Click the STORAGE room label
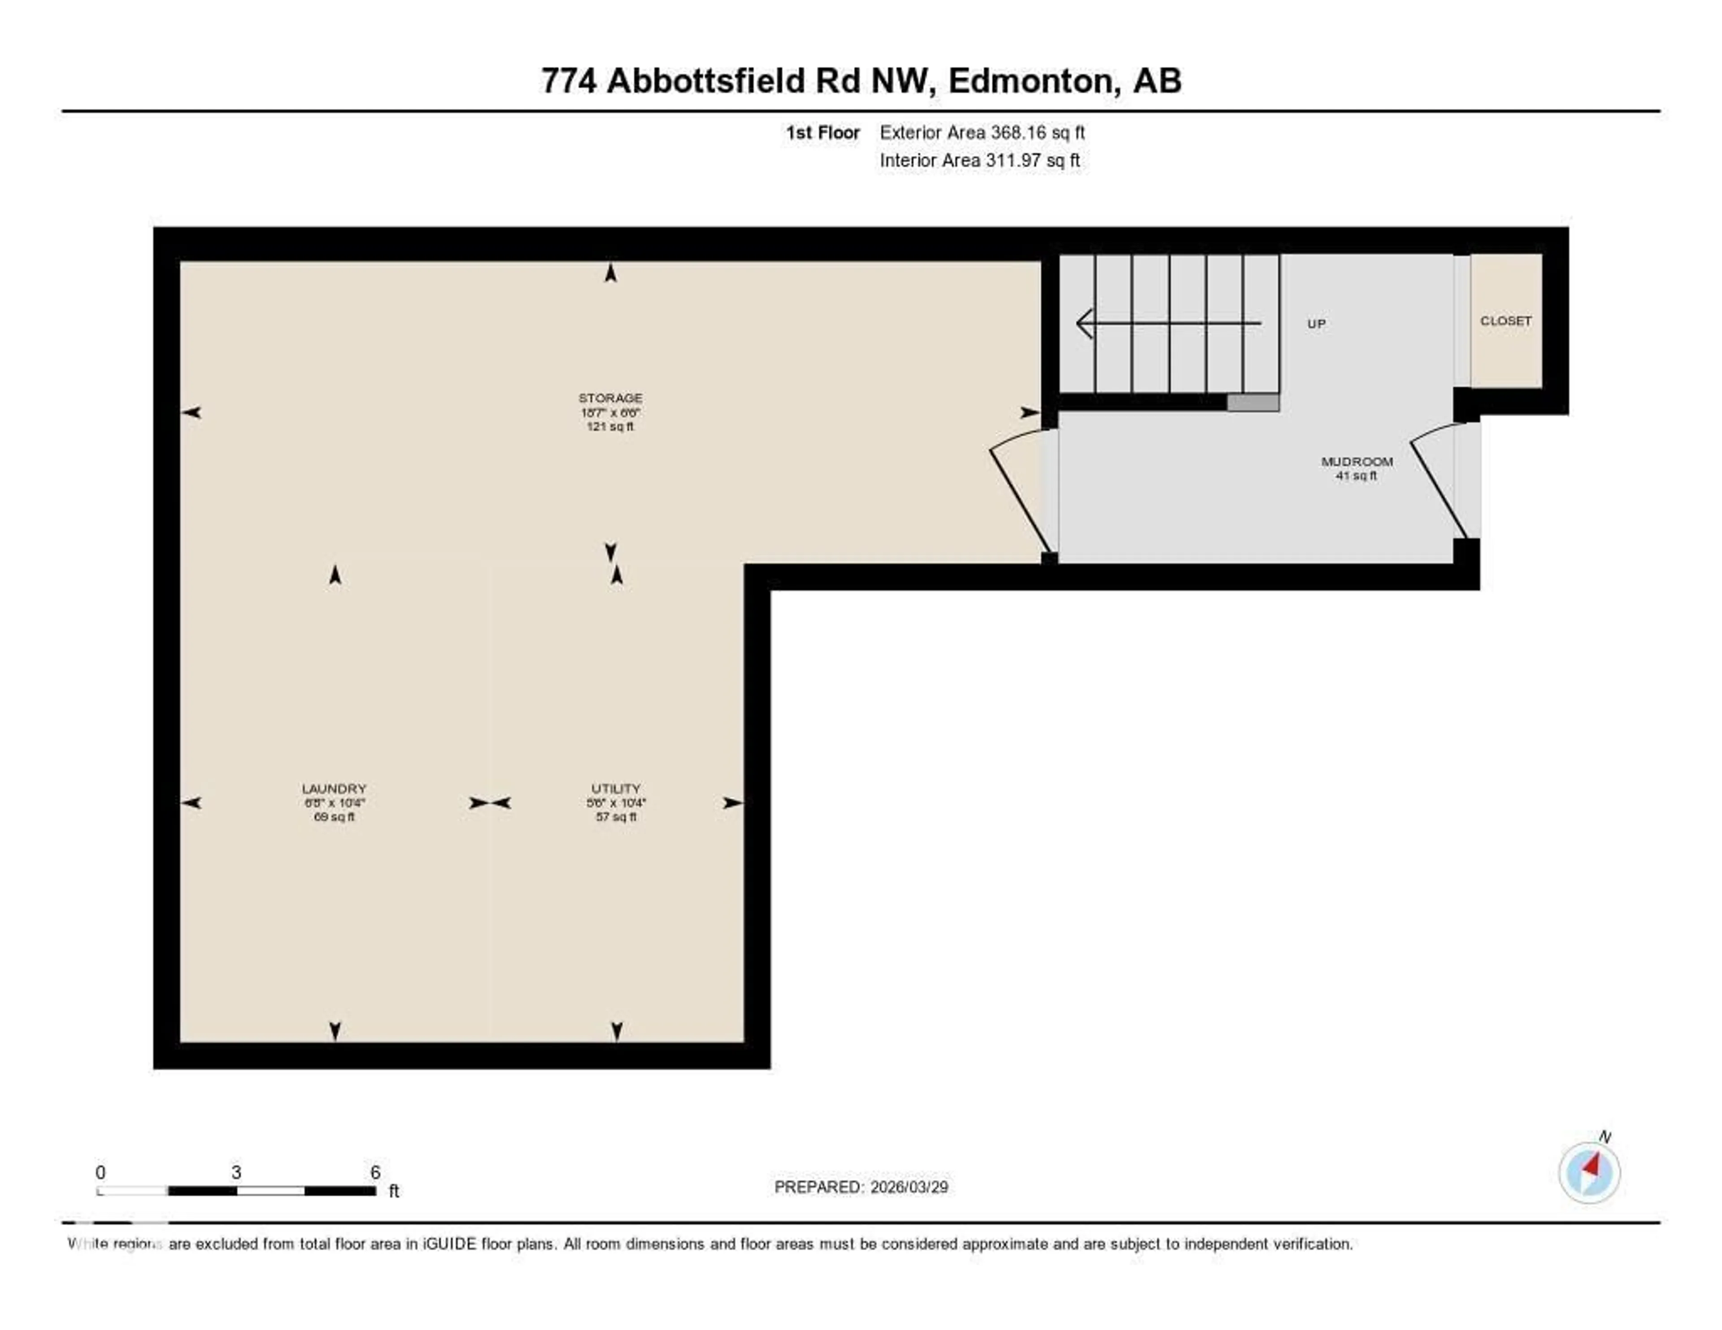[x=610, y=398]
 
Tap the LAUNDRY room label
[x=334, y=788]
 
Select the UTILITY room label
[x=616, y=788]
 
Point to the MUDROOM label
[x=1357, y=461]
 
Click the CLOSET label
[x=1505, y=321]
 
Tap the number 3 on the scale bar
[x=236, y=1172]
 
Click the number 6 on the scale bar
[x=375, y=1172]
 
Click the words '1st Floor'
[x=822, y=132]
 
